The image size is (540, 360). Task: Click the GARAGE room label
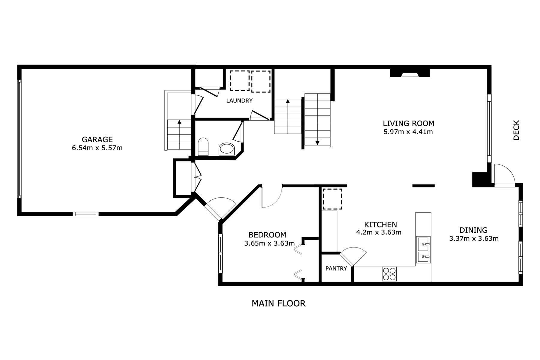(97, 139)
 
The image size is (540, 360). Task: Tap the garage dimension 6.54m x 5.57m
(97, 148)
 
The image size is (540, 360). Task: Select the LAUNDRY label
(239, 101)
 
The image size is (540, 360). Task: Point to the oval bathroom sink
(227, 149)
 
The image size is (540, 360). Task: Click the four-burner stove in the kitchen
(389, 274)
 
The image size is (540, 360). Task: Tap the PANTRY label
(336, 268)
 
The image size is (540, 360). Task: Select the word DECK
(516, 130)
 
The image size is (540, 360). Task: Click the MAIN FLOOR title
(278, 304)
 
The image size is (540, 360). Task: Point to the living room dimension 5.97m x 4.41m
(408, 132)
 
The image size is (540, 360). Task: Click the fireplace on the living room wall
(410, 73)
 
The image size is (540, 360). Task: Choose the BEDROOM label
(267, 235)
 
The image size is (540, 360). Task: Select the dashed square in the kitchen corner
(332, 199)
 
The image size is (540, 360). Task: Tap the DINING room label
(473, 230)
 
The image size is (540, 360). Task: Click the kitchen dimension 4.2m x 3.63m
(379, 232)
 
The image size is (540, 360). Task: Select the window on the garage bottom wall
(85, 214)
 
